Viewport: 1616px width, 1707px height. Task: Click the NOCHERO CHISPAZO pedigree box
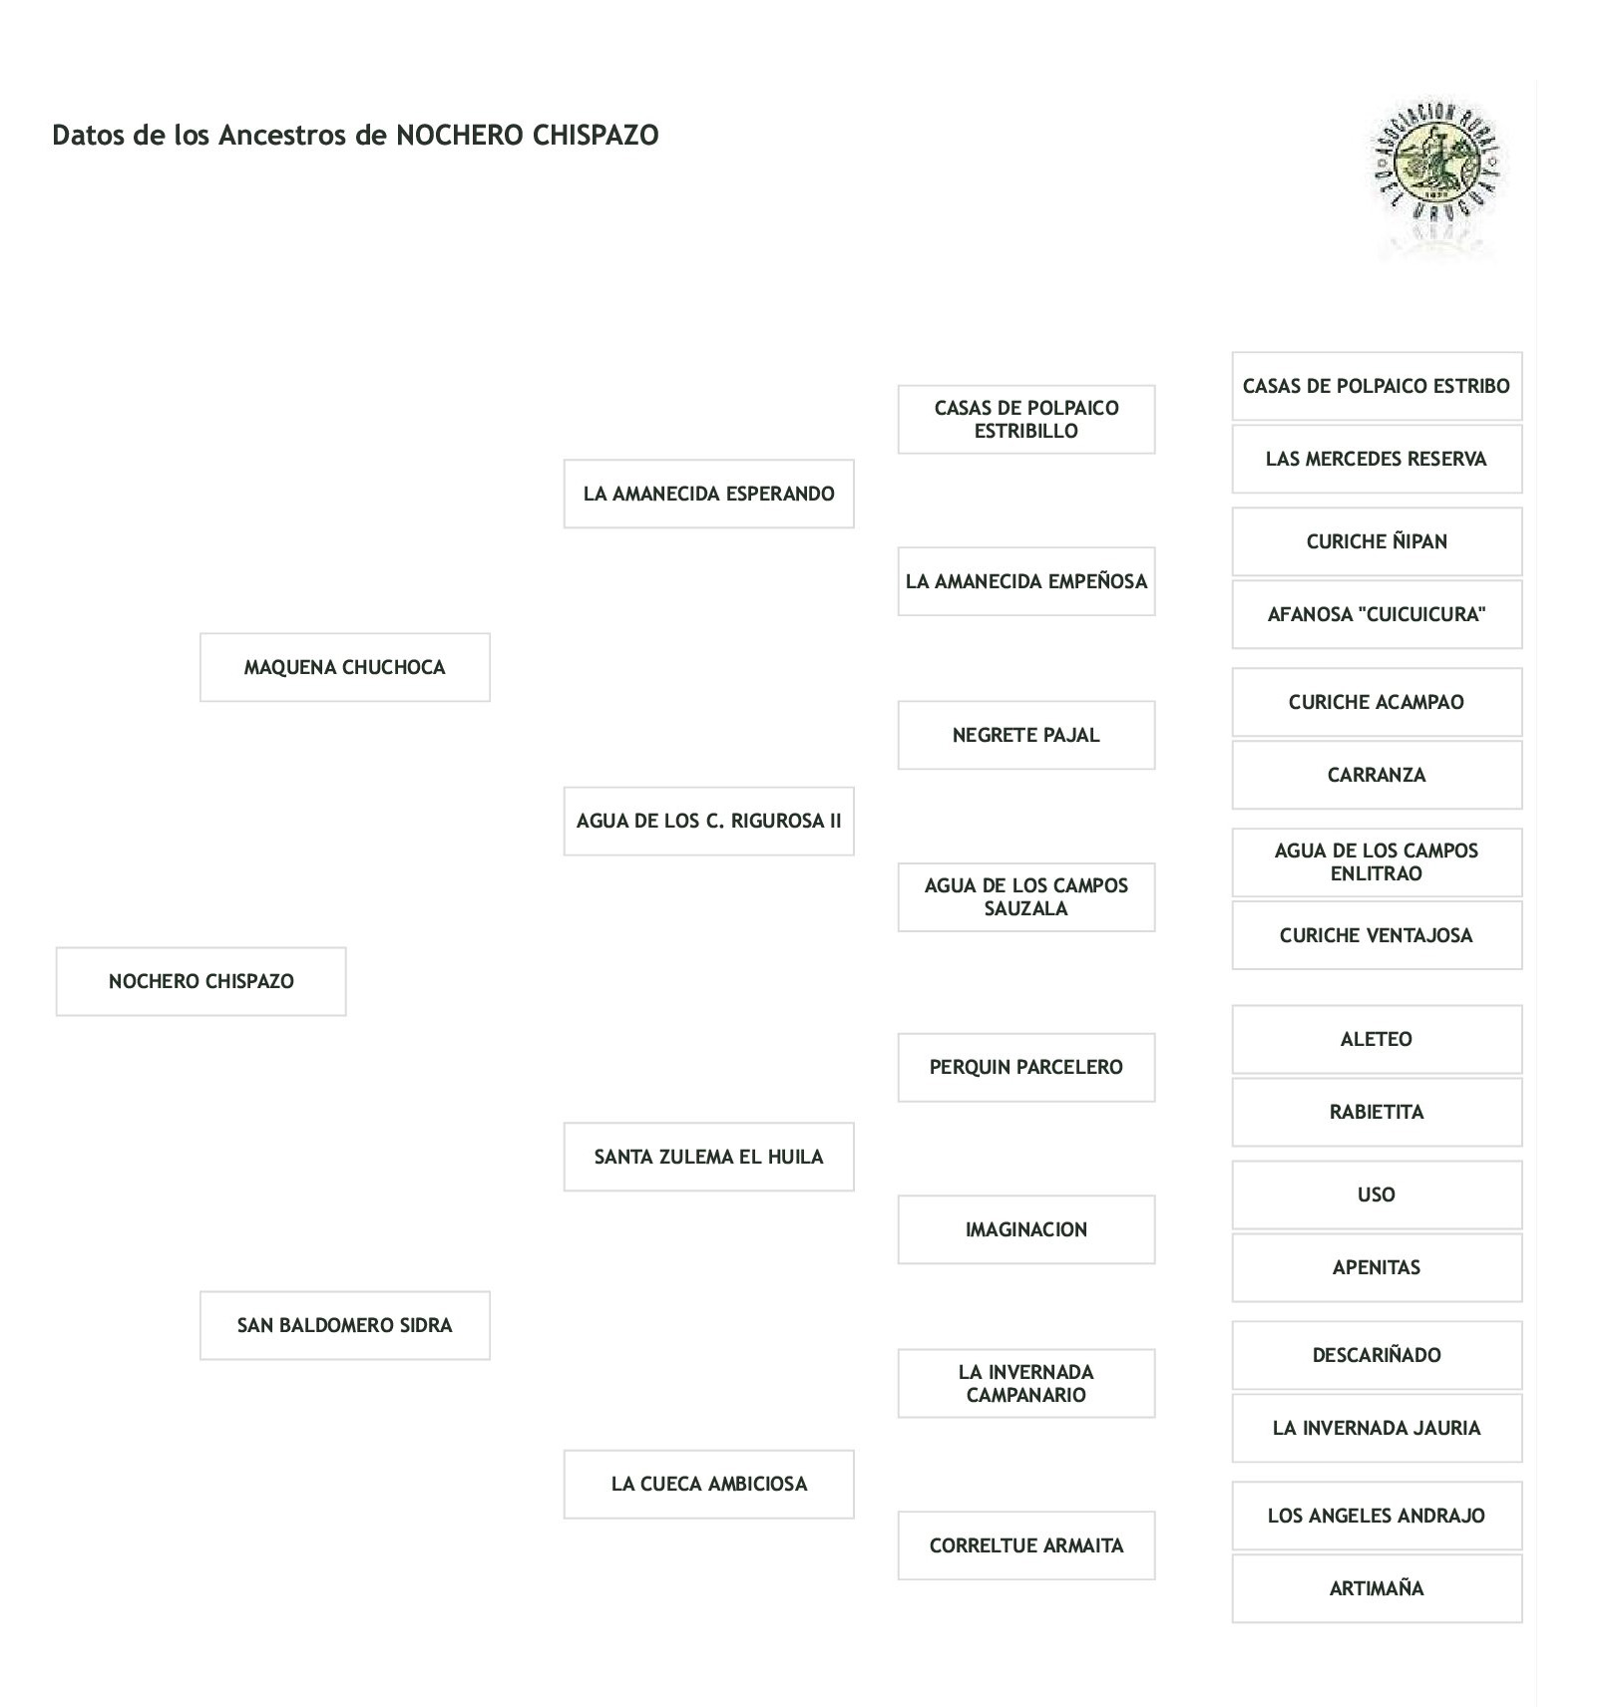coord(201,981)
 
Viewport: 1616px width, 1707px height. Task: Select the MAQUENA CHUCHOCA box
coord(344,667)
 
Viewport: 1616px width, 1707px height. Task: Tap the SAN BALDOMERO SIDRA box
coord(344,1325)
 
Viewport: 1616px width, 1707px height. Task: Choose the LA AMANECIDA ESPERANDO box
coord(708,494)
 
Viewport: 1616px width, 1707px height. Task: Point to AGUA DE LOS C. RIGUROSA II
coord(708,821)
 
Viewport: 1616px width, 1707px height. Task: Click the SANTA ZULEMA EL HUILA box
coord(708,1157)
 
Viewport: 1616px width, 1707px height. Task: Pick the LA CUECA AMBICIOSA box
coord(708,1484)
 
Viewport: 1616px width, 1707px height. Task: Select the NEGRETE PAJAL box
coord(1025,735)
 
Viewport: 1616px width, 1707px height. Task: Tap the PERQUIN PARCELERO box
coord(1025,1067)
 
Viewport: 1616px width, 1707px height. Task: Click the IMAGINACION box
coord(1025,1229)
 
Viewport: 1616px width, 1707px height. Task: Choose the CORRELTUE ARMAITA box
coord(1025,1545)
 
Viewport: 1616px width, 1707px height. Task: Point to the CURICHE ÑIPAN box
coord(1376,541)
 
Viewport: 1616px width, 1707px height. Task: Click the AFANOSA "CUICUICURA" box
coord(1376,614)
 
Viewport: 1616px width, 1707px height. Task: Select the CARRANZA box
coord(1376,775)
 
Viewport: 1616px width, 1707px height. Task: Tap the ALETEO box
coord(1376,1039)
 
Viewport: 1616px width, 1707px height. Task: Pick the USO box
coord(1376,1195)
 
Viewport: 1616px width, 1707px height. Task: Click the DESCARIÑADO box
coord(1376,1355)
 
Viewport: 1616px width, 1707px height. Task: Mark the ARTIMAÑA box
coord(1376,1588)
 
